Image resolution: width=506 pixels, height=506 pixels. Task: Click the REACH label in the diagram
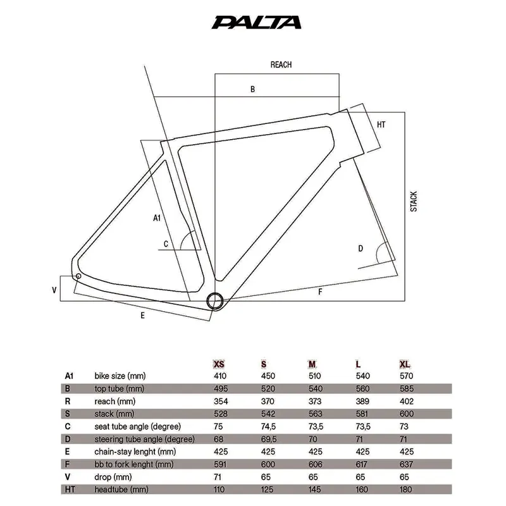point(281,65)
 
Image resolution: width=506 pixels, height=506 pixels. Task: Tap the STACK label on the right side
point(414,201)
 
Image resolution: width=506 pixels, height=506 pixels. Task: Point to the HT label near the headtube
point(381,125)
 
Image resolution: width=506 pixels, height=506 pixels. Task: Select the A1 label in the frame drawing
point(158,218)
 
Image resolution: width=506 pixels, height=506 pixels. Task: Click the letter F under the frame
point(321,292)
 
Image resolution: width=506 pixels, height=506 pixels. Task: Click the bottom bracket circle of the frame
point(215,299)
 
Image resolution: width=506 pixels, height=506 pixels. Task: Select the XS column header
point(218,364)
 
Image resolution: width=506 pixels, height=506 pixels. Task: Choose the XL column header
point(405,364)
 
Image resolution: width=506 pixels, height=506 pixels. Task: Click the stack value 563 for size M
point(314,414)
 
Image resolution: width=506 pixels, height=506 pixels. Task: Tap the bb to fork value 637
point(405,464)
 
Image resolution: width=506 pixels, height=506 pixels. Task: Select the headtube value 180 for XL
point(405,490)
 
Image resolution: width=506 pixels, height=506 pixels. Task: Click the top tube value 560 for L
point(360,388)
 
